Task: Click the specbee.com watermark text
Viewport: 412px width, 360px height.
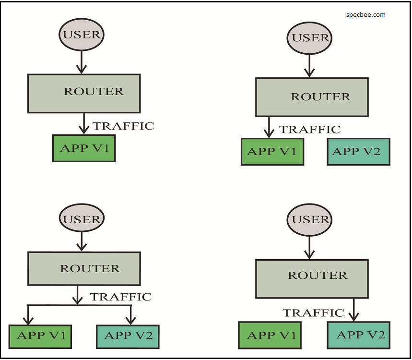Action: tap(365, 14)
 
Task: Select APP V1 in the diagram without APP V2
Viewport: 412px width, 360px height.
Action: tap(84, 148)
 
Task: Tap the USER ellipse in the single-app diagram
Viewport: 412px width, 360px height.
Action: tap(82, 35)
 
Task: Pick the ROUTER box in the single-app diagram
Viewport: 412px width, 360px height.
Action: tap(84, 93)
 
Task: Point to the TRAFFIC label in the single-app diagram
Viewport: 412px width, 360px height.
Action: tap(123, 126)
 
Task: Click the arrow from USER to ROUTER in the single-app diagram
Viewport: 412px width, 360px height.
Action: tap(82, 61)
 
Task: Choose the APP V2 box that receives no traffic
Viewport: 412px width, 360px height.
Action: tap(358, 152)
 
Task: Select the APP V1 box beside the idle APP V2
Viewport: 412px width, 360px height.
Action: tap(272, 152)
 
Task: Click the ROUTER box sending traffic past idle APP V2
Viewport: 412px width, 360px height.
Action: tap(312, 97)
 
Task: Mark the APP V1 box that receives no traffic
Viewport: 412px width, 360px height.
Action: tap(270, 335)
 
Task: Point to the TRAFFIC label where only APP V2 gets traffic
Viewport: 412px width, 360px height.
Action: tap(313, 313)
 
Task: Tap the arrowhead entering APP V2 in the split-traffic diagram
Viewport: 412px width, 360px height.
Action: tap(129, 320)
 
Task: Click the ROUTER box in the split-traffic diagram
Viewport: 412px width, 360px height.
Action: tap(84, 269)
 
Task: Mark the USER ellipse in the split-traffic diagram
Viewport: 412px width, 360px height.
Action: tap(82, 219)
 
